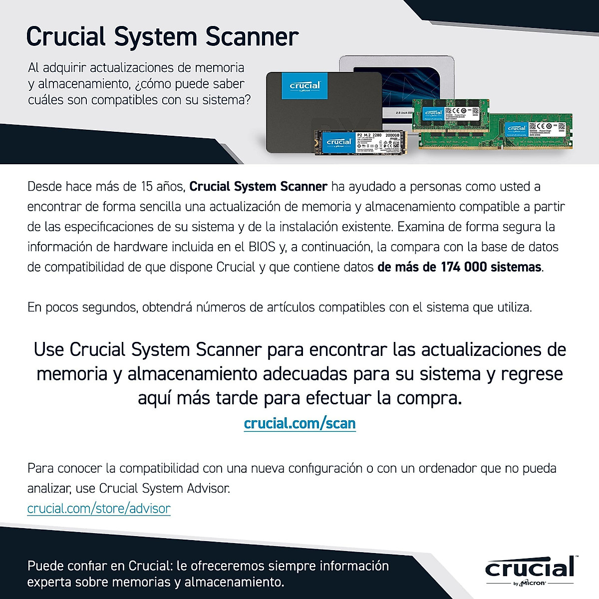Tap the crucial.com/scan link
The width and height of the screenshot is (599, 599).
click(299, 423)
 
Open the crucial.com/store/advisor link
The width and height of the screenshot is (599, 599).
click(99, 508)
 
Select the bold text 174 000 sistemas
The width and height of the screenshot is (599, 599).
click(491, 267)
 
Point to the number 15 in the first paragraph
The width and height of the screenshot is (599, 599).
click(147, 187)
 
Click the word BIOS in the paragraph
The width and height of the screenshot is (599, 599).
click(262, 247)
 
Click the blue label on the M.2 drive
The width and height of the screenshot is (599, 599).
click(339, 142)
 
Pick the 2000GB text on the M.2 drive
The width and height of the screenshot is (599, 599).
click(393, 135)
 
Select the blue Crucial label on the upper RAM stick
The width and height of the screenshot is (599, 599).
click(433, 112)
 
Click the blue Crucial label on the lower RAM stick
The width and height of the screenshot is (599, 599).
click(516, 128)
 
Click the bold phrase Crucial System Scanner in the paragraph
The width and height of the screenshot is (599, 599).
click(258, 187)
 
